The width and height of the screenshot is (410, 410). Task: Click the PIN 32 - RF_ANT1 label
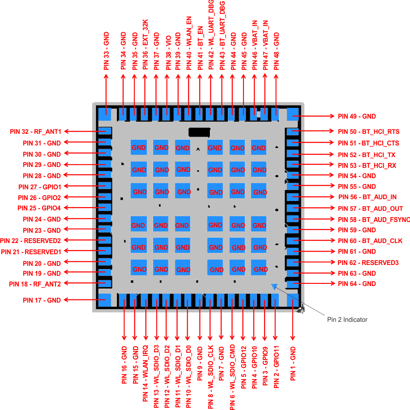click(x=35, y=132)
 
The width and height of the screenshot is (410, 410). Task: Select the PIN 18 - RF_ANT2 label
click(x=35, y=284)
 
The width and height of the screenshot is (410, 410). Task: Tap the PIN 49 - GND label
click(x=357, y=116)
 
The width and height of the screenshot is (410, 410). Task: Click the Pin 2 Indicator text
click(x=347, y=320)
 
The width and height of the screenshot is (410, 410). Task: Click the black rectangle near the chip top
click(x=199, y=132)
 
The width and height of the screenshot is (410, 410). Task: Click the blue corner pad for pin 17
click(x=105, y=300)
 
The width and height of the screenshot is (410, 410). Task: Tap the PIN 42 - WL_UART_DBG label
click(x=211, y=35)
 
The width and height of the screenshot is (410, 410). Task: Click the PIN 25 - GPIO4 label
click(x=39, y=208)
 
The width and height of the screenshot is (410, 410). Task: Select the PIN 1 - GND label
click(x=293, y=363)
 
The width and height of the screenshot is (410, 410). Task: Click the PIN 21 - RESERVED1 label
click(x=31, y=252)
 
